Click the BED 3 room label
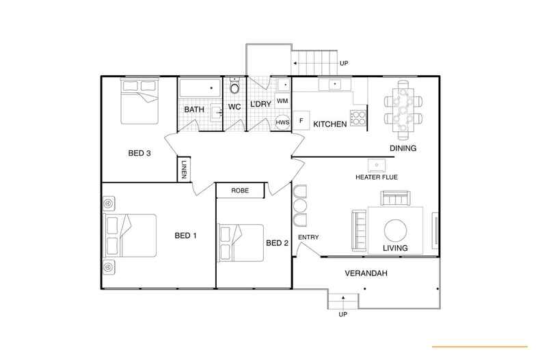tap(139, 153)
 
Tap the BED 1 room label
tap(186, 236)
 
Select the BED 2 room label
tap(277, 243)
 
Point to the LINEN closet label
tap(184, 169)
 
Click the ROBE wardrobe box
tap(239, 191)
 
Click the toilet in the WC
tap(234, 87)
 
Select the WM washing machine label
tap(282, 101)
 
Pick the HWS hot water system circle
tap(282, 122)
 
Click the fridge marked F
tap(301, 120)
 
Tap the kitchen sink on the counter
tap(335, 85)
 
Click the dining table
tap(402, 107)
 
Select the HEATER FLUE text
tap(376, 178)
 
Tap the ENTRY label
tap(308, 238)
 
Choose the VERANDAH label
tap(365, 274)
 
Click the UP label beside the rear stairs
tap(345, 64)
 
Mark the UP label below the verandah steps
tap(343, 315)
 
